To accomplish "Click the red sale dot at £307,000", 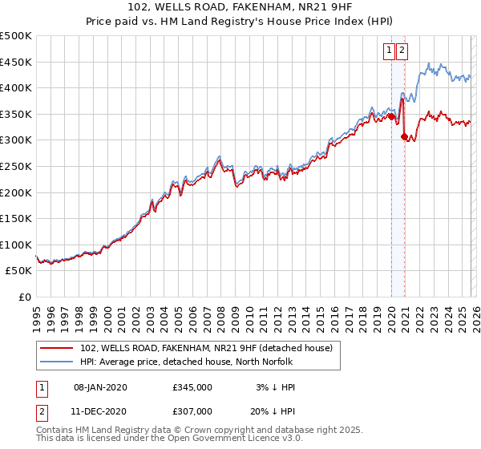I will (x=404, y=136).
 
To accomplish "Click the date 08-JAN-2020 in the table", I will (x=100, y=387).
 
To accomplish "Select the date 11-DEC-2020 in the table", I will (x=100, y=411).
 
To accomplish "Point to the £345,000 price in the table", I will (x=192, y=387).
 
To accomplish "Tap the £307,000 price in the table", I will (x=192, y=411).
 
